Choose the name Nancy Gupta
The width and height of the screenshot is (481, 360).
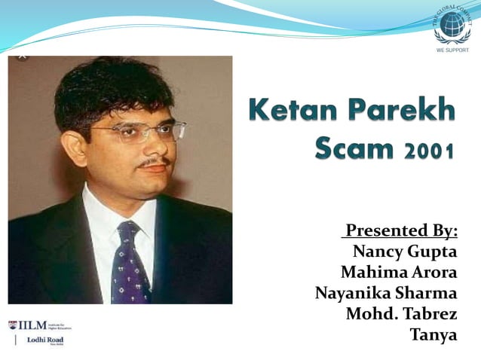click(405, 250)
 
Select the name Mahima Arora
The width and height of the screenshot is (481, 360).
click(399, 271)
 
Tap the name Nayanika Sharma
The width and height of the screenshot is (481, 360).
click(386, 292)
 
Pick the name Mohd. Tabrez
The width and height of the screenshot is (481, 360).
click(401, 313)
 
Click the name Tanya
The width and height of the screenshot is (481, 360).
click(433, 334)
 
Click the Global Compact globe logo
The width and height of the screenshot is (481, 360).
click(453, 24)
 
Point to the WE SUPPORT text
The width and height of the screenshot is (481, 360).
click(452, 50)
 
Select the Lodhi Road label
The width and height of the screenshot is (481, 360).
click(45, 340)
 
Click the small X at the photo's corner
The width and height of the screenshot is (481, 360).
click(22, 54)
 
